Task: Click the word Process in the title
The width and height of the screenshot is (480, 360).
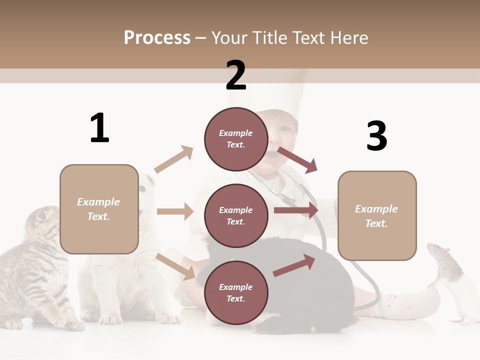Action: [x=157, y=37]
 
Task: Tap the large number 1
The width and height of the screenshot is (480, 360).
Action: [x=99, y=128]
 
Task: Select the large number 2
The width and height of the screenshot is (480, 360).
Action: [x=236, y=75]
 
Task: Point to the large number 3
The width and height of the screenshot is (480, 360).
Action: [x=376, y=136]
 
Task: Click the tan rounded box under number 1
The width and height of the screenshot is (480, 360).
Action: [x=99, y=209]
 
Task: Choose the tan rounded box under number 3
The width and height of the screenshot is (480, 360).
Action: [x=377, y=216]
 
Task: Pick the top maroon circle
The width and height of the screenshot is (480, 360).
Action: [x=236, y=139]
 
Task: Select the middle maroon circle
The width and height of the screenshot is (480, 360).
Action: [x=236, y=215]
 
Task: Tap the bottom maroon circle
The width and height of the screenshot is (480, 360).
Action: [x=236, y=292]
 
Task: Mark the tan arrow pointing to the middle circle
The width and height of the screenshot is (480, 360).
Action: [x=175, y=211]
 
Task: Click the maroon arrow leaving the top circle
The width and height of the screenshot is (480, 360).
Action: [x=297, y=159]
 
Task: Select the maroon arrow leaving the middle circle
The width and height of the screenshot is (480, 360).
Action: [x=296, y=210]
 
